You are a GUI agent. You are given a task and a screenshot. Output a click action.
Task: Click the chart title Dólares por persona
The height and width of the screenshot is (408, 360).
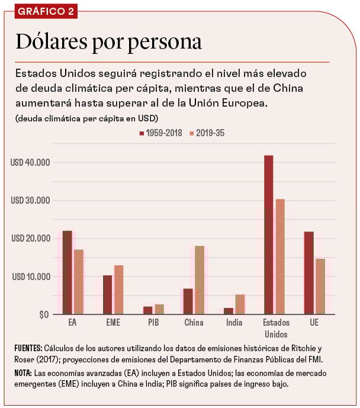point(108,42)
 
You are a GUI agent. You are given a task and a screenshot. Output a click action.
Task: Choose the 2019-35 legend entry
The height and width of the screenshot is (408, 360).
point(207,133)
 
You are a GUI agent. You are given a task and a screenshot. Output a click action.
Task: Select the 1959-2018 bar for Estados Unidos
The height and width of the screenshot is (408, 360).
point(268,234)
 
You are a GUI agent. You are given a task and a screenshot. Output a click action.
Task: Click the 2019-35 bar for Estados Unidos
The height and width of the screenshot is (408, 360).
point(280,256)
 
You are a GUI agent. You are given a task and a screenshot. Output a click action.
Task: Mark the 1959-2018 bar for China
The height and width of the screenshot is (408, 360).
point(188,301)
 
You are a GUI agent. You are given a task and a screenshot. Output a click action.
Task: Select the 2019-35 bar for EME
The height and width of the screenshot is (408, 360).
point(118,290)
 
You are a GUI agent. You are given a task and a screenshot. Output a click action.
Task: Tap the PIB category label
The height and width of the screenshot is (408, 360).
point(153,323)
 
